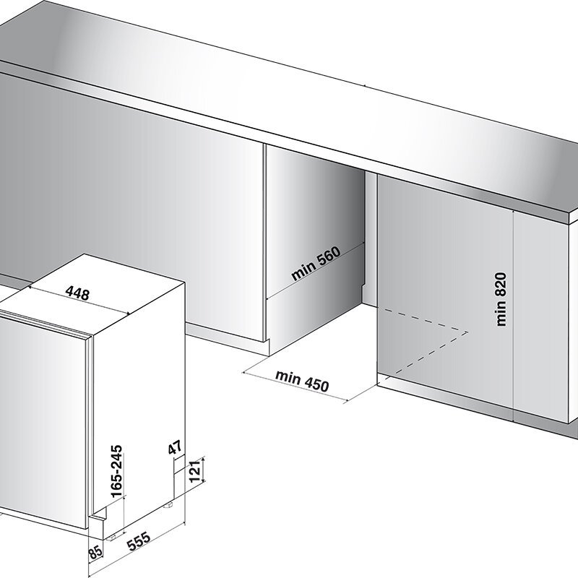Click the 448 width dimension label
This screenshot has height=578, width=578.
pyautogui.click(x=77, y=293)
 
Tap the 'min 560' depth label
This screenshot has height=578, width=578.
pyautogui.click(x=316, y=263)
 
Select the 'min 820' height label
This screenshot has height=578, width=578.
pyautogui.click(x=501, y=299)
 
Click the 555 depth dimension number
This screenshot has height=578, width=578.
pyautogui.click(x=139, y=540)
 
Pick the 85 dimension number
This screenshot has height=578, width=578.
pyautogui.click(x=95, y=554)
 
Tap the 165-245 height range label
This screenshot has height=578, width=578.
pyautogui.click(x=116, y=472)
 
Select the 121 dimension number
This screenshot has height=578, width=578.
pyautogui.click(x=194, y=471)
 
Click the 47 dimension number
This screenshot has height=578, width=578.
pyautogui.click(x=175, y=447)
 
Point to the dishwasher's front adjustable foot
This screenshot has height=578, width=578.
pyautogui.click(x=113, y=537)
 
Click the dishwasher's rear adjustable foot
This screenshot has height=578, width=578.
pyautogui.click(x=170, y=505)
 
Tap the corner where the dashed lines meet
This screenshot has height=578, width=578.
pyautogui.click(x=467, y=332)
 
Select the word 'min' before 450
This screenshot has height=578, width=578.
pyautogui.click(x=288, y=376)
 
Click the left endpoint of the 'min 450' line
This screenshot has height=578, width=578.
pyautogui.click(x=243, y=372)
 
